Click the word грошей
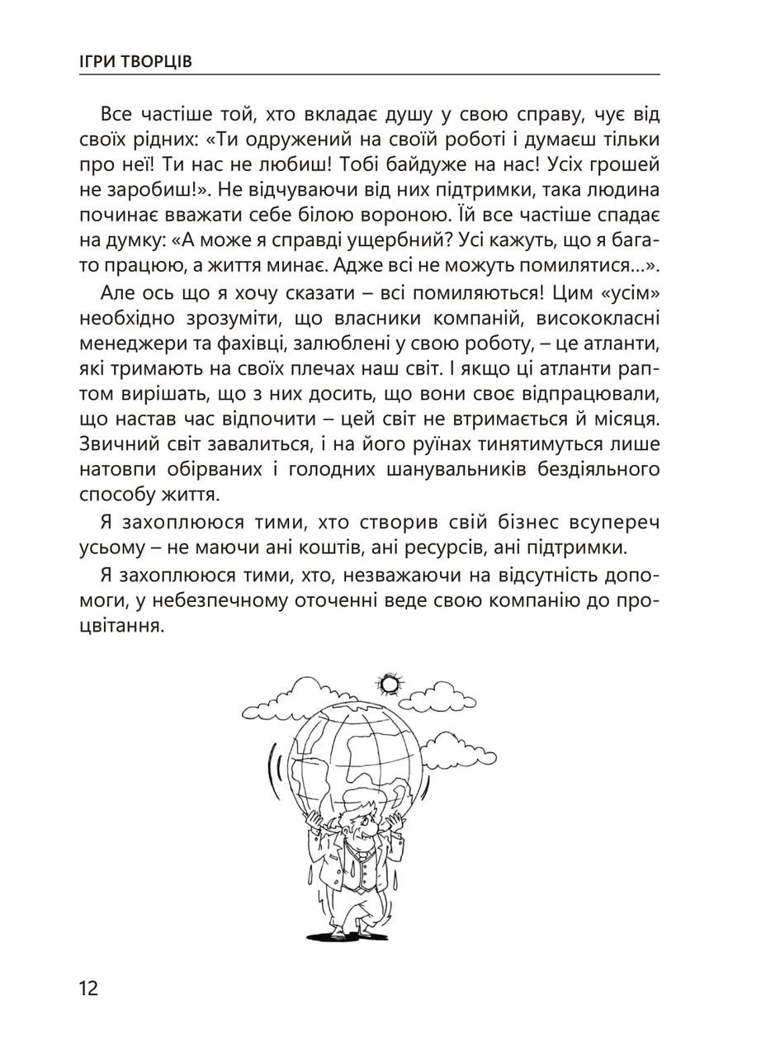627,164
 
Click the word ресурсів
459,547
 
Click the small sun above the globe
389,684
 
